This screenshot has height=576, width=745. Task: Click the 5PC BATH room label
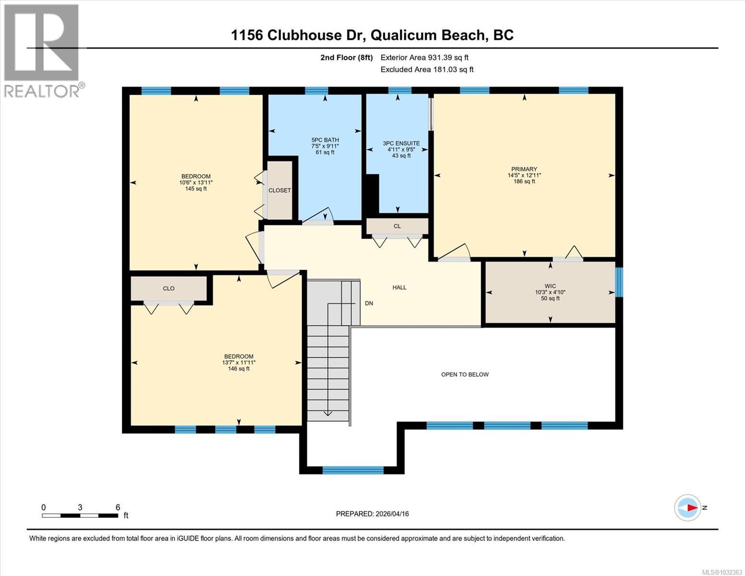click(x=325, y=140)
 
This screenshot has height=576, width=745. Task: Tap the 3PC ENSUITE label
click(x=401, y=143)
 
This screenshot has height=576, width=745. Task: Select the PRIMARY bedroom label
click(x=524, y=169)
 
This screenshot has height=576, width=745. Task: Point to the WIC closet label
click(x=550, y=286)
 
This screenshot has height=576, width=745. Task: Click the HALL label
click(x=399, y=288)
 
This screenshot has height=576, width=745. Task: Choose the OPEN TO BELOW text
click(x=464, y=374)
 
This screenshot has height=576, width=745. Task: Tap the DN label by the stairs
click(x=369, y=303)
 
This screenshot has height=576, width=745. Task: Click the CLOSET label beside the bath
click(x=280, y=191)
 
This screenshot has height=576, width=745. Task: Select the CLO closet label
click(x=168, y=288)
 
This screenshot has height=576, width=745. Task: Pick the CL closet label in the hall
click(x=397, y=226)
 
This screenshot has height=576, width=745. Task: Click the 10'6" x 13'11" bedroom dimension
click(x=196, y=182)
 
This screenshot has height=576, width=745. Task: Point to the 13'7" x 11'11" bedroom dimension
click(x=239, y=362)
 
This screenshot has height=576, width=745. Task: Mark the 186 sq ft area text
click(x=524, y=181)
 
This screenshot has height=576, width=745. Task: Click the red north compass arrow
click(x=691, y=507)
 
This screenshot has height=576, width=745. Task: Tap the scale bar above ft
click(x=80, y=516)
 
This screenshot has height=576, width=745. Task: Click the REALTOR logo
click(x=42, y=50)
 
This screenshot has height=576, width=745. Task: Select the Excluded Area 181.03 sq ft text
click(x=426, y=70)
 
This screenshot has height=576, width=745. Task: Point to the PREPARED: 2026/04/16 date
click(x=372, y=514)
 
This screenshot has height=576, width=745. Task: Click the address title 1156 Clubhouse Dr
click(x=372, y=35)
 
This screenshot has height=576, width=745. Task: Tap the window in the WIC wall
click(x=619, y=282)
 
